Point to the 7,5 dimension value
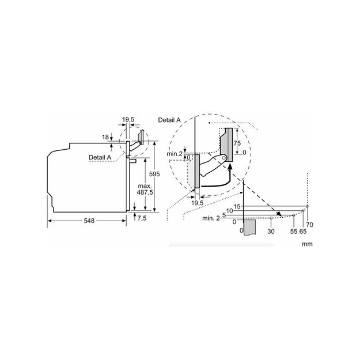142,218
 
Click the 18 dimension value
105,137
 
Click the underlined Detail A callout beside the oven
100,157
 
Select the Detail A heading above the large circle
169,119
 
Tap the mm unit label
306,244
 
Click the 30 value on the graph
271,231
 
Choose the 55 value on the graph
294,231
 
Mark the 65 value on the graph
303,231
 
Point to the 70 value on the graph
309,223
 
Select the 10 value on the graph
229,211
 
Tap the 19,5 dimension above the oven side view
128,119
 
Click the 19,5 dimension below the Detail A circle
197,203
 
